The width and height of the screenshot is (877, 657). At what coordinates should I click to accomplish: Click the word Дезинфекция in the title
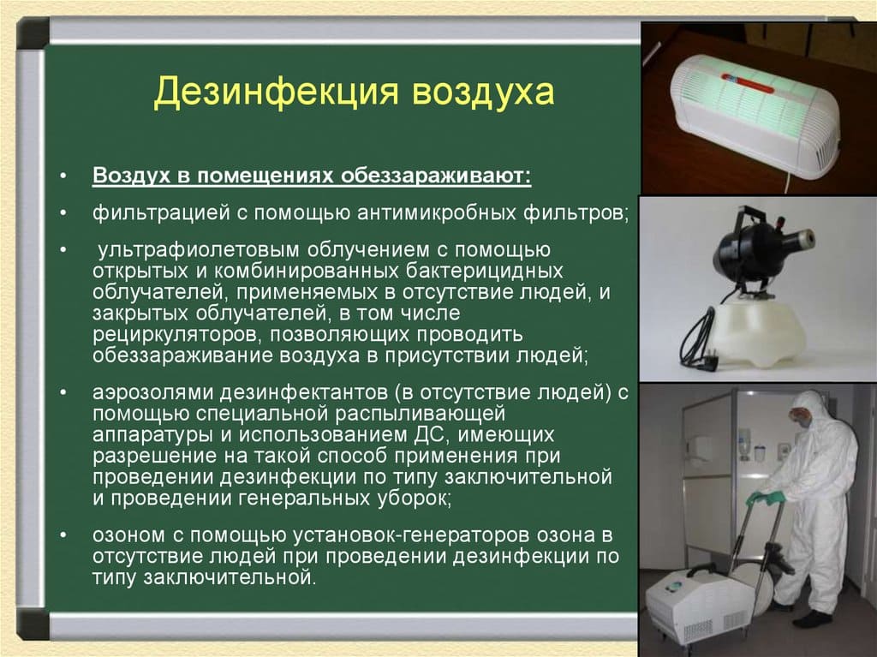click(276, 93)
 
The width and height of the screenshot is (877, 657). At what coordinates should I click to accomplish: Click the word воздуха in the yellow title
click(483, 93)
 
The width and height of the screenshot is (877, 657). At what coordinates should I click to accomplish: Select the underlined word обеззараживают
click(436, 175)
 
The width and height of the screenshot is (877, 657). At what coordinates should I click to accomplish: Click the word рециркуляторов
click(178, 335)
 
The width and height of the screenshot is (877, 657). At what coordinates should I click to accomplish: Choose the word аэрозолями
click(152, 392)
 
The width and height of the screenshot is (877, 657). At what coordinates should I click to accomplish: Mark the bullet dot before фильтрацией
click(63, 213)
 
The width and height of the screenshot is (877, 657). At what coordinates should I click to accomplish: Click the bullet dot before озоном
click(63, 535)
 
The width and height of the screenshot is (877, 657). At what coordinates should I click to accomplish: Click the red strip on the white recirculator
click(747, 83)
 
